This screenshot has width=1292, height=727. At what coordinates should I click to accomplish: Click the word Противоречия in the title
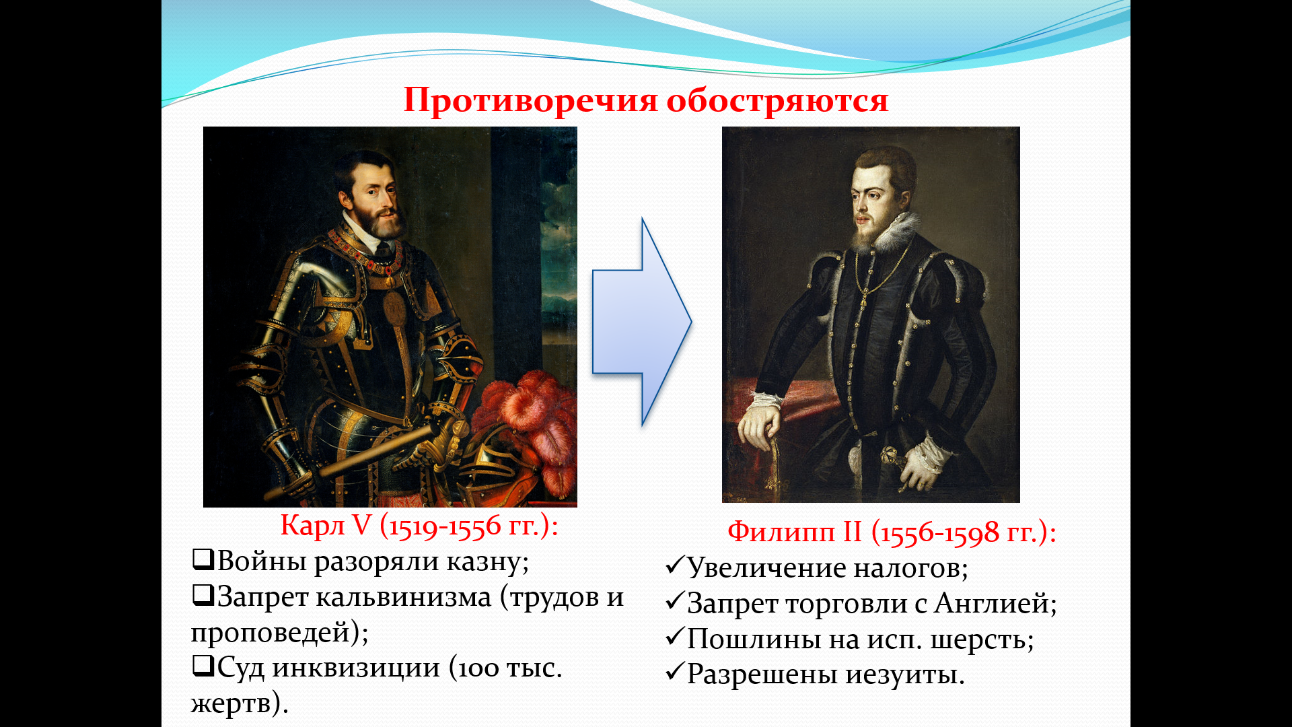tap(530, 102)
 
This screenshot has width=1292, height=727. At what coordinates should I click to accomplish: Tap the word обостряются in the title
tap(778, 102)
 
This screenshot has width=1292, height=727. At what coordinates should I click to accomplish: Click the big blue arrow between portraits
tap(642, 322)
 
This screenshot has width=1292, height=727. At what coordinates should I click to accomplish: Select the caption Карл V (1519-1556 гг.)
tap(419, 526)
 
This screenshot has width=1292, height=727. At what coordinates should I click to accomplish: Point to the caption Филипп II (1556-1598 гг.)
tap(892, 532)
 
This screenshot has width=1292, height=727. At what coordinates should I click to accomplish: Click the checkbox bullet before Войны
tap(203, 559)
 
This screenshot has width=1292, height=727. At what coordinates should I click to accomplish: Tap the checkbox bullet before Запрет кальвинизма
tap(203, 594)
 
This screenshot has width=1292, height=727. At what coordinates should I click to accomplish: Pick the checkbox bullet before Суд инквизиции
tap(203, 666)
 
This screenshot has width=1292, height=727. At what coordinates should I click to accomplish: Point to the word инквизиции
tap(356, 668)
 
